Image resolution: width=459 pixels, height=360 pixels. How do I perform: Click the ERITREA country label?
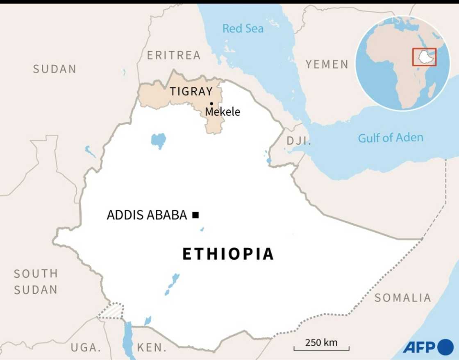[x=174, y=55]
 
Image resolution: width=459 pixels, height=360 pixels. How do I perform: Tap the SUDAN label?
[x=55, y=69]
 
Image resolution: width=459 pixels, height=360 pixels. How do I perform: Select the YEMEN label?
[x=327, y=64]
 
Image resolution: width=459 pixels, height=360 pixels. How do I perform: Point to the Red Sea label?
[x=243, y=29]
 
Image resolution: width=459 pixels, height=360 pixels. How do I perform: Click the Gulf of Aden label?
[x=390, y=138]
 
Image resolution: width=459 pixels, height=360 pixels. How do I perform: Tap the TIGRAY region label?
[x=191, y=91]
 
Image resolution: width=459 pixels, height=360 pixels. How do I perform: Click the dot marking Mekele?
[x=211, y=103]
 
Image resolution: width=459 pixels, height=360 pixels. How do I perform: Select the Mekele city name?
[x=223, y=111]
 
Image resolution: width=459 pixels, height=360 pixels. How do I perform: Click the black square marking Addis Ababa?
[x=195, y=215]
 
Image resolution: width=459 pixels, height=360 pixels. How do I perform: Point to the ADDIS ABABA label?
[x=147, y=215]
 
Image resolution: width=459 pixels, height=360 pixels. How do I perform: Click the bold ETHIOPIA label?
[x=228, y=254]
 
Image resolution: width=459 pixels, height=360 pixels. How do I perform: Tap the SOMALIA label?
[x=402, y=298]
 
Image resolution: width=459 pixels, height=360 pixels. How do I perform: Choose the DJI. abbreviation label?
[x=299, y=141]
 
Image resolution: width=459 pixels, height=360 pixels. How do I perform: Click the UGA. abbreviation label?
[x=86, y=348]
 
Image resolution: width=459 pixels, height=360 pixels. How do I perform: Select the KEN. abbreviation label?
[x=152, y=348]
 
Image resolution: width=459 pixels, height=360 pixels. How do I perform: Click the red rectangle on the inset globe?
[x=424, y=57]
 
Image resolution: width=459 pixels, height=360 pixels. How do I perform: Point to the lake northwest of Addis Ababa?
[x=158, y=140]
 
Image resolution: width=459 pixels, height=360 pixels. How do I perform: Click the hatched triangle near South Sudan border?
[x=111, y=311]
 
